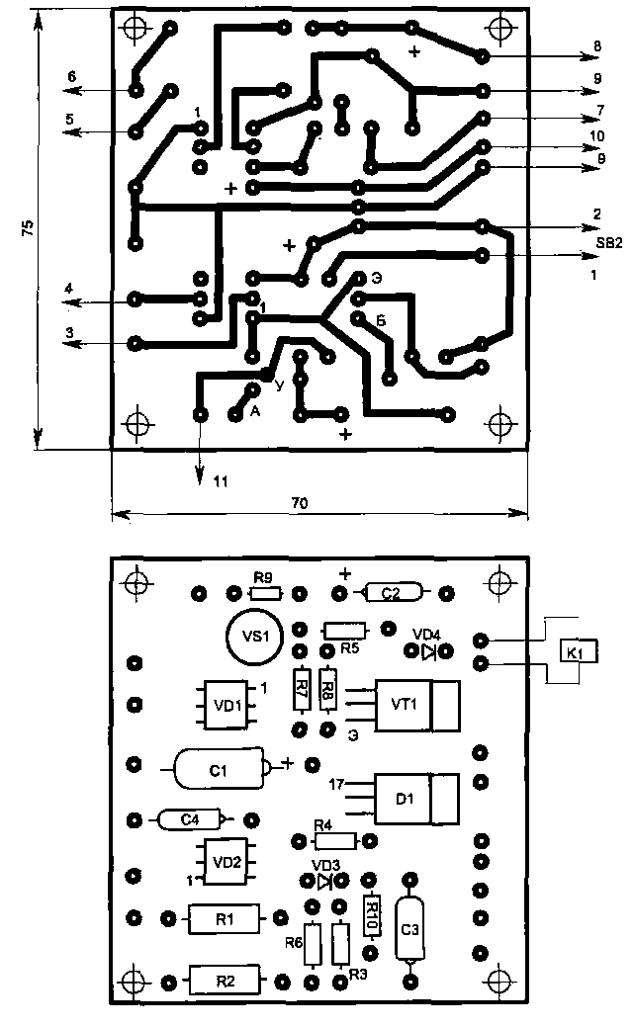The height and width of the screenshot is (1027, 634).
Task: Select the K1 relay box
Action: [x=575, y=652]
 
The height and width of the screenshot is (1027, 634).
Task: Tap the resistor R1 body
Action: [x=225, y=919]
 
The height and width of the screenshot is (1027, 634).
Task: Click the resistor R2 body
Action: [x=225, y=982]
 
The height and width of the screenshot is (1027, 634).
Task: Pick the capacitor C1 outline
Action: [x=220, y=768]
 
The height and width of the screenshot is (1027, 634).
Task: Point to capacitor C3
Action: [x=410, y=930]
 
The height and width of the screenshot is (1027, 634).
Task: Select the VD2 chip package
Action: [x=226, y=861]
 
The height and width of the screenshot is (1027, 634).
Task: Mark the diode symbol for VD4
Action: [x=428, y=652]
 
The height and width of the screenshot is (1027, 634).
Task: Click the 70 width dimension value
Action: [x=300, y=502]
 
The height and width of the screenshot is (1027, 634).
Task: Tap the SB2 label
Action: [x=606, y=243]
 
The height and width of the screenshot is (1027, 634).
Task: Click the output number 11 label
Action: [x=220, y=480]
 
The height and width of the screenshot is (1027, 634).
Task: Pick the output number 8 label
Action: [x=597, y=45]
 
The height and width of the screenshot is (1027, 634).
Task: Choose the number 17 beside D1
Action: [x=336, y=784]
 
